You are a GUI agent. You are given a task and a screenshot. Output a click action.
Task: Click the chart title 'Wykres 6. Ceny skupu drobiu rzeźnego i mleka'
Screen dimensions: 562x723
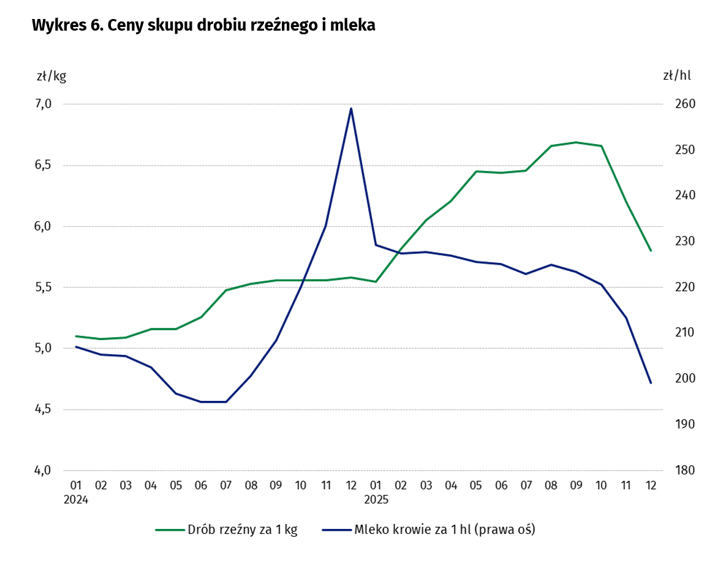pyautogui.click(x=203, y=25)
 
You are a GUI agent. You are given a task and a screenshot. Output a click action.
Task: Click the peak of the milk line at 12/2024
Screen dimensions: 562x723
pyautogui.click(x=351, y=108)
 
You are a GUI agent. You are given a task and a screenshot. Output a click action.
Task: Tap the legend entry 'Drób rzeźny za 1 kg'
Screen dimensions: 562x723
pyautogui.click(x=226, y=530)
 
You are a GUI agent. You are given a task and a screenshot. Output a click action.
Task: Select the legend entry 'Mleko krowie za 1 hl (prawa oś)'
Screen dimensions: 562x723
pyautogui.click(x=428, y=530)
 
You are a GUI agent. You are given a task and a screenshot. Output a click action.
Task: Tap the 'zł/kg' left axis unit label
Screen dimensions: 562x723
pyautogui.click(x=51, y=77)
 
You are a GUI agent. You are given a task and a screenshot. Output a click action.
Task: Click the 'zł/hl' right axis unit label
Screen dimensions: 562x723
pyautogui.click(x=676, y=77)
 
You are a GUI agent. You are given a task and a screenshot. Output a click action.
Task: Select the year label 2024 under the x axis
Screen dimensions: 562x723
pyautogui.click(x=76, y=499)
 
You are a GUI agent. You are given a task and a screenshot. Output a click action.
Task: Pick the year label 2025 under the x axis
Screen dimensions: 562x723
pyautogui.click(x=376, y=499)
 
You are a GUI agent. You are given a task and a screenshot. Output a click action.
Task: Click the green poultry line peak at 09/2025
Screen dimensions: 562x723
pyautogui.click(x=576, y=142)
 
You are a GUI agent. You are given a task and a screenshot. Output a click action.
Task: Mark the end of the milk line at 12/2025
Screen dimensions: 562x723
pyautogui.click(x=651, y=383)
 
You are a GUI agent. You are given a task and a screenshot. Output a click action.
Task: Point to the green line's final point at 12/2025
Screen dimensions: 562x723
pyautogui.click(x=651, y=251)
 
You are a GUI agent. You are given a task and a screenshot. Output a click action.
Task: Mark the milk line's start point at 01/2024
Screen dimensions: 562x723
pyautogui.click(x=76, y=347)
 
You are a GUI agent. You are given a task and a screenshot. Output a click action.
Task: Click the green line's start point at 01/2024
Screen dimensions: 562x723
pyautogui.click(x=76, y=336)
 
